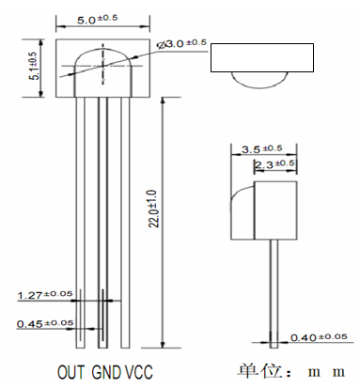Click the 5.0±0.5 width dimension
tap(98, 19)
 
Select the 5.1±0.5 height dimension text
tap(34, 66)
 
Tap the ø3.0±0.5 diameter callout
tap(181, 43)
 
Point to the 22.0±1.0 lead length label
tap(155, 209)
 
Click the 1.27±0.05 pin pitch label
tap(45, 295)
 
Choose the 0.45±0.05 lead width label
tap(45, 323)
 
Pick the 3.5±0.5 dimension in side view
tap(261, 148)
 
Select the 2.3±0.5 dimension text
tap(274, 164)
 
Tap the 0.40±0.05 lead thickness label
tap(319, 337)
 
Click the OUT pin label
tap(70, 372)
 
